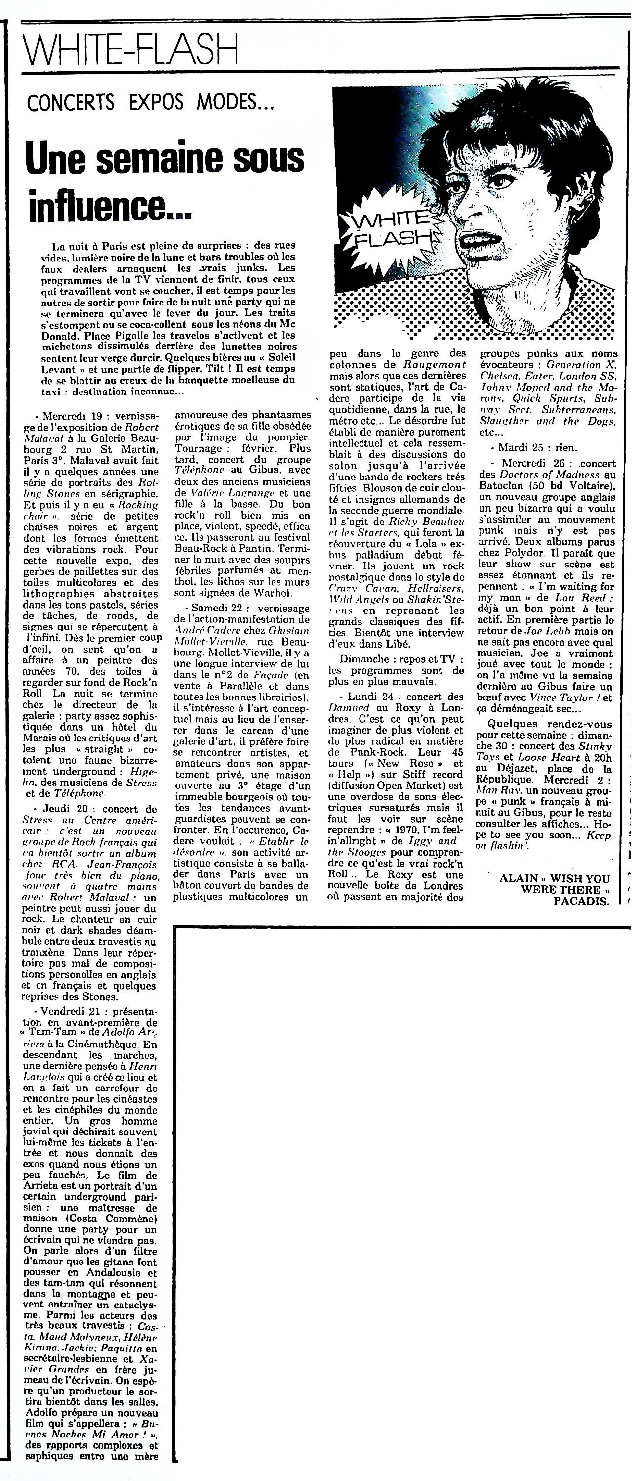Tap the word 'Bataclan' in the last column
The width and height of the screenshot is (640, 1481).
point(500,486)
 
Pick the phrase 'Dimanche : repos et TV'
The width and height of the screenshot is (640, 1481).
point(396,659)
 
